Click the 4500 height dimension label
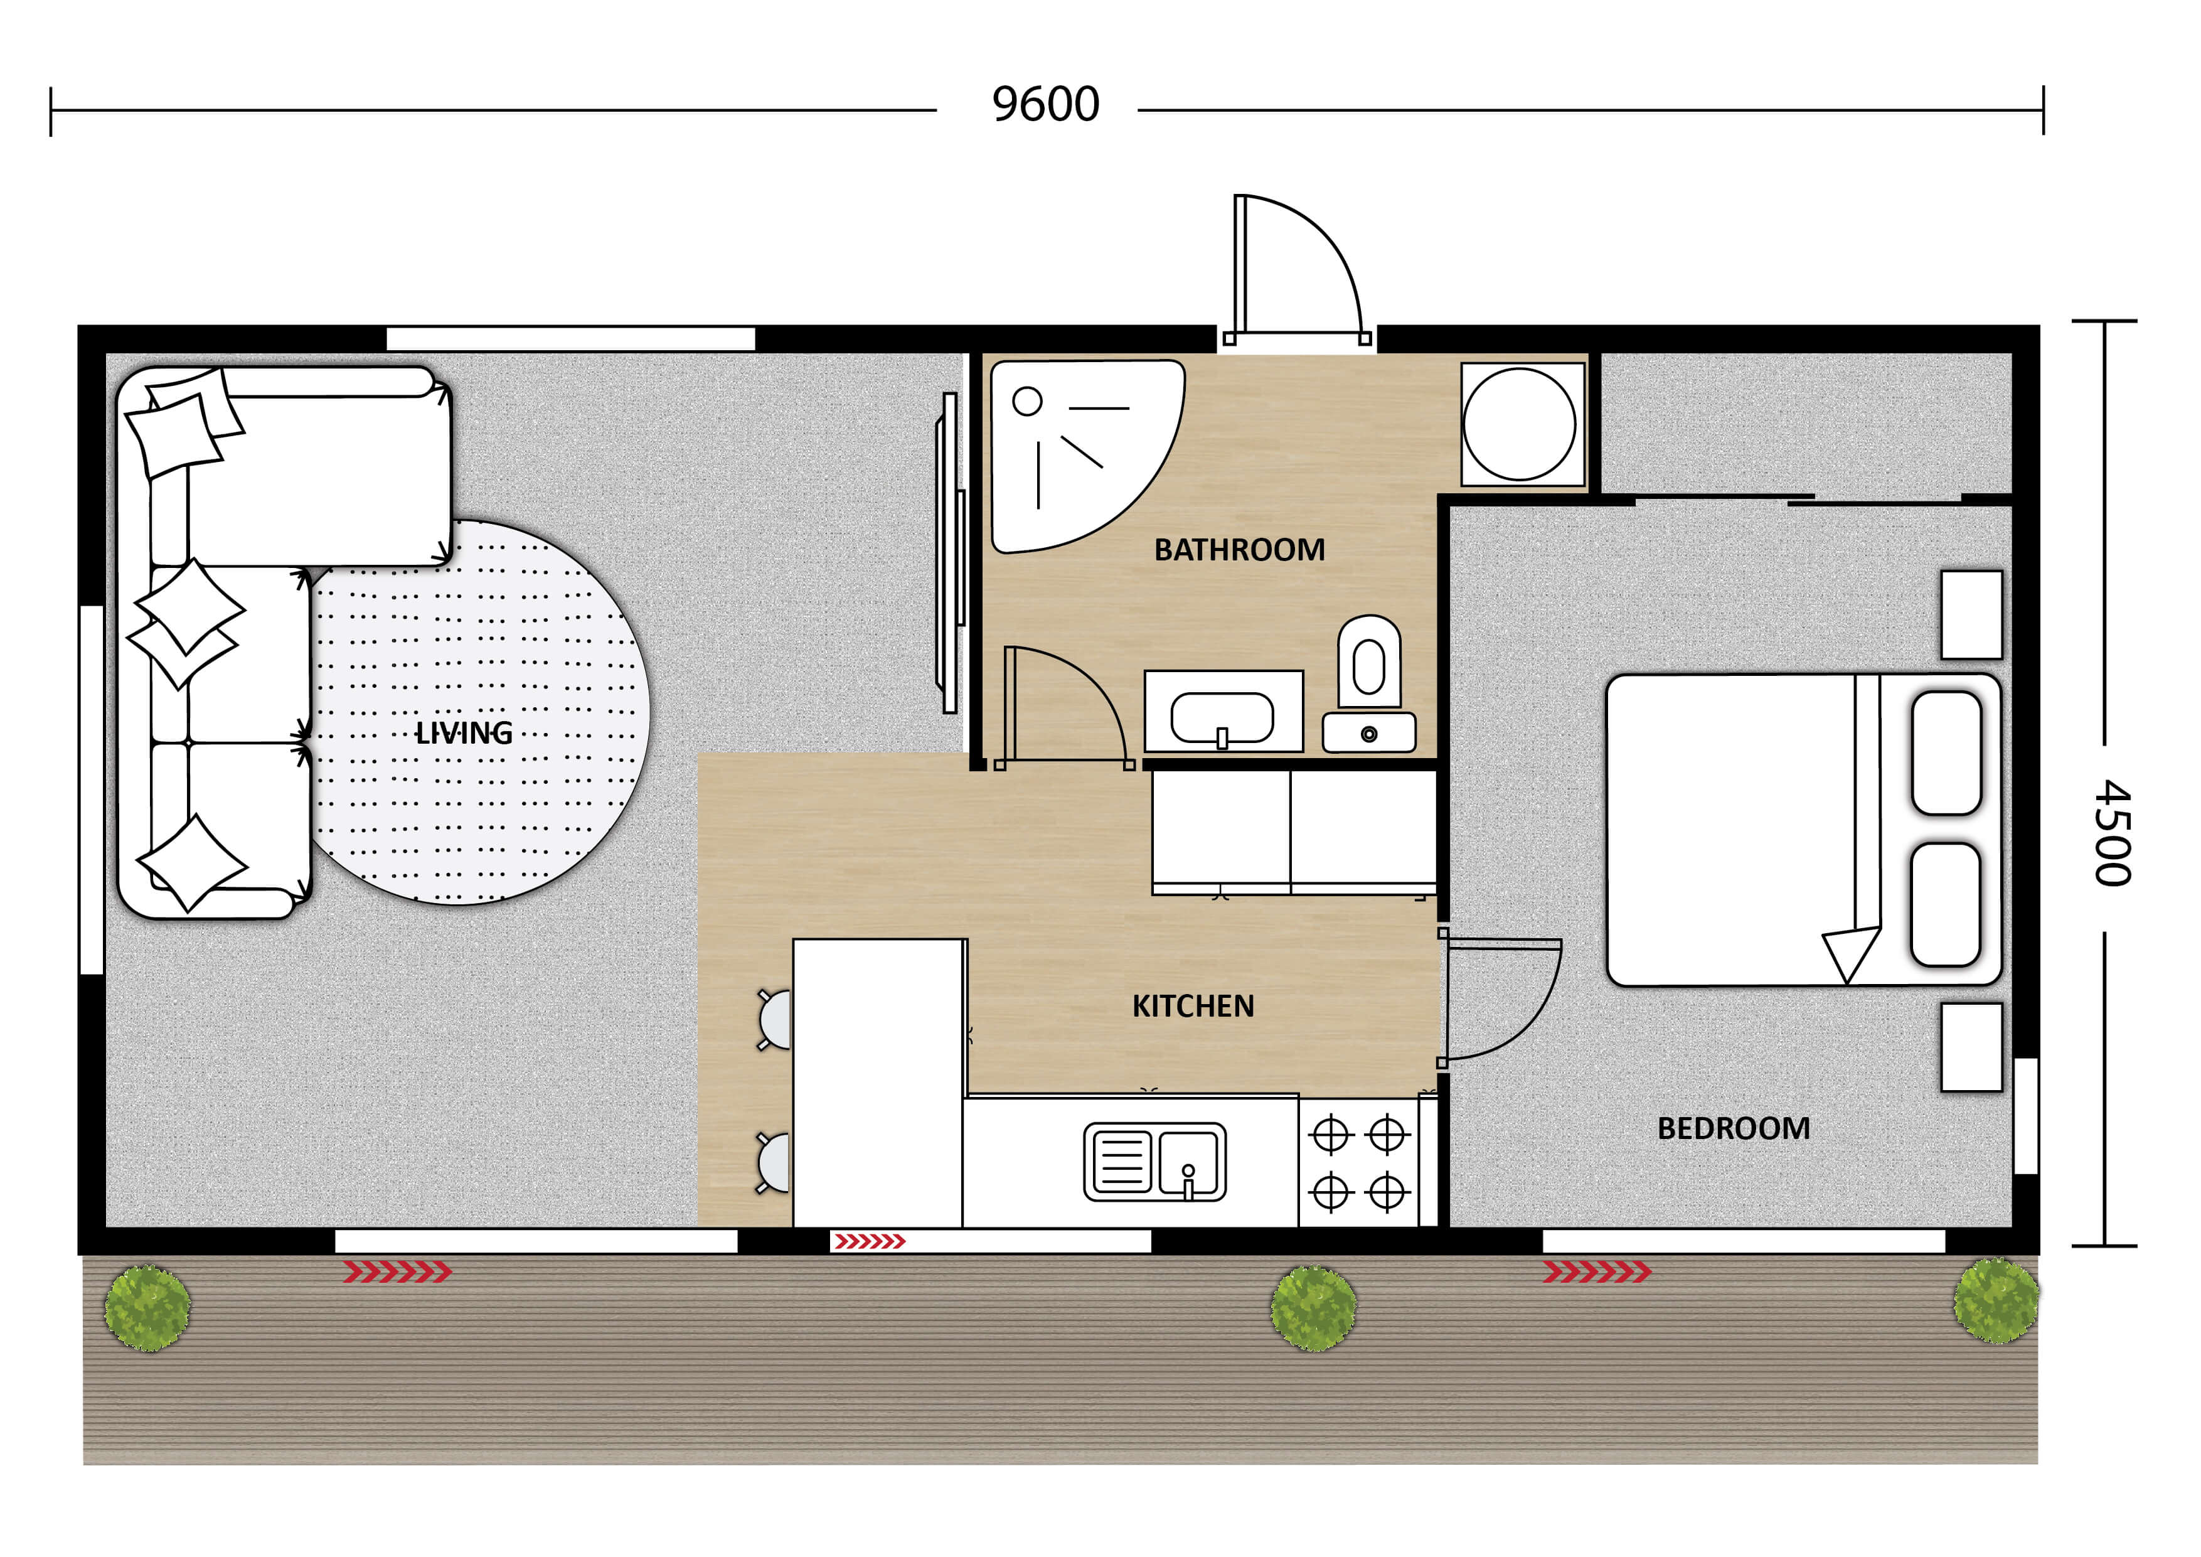point(2112,832)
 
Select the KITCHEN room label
point(1193,1006)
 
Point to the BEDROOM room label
point(1733,1128)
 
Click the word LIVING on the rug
point(464,734)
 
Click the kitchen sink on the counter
point(1154,1162)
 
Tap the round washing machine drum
point(1520,424)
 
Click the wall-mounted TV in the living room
point(949,553)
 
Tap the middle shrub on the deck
point(1313,1308)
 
